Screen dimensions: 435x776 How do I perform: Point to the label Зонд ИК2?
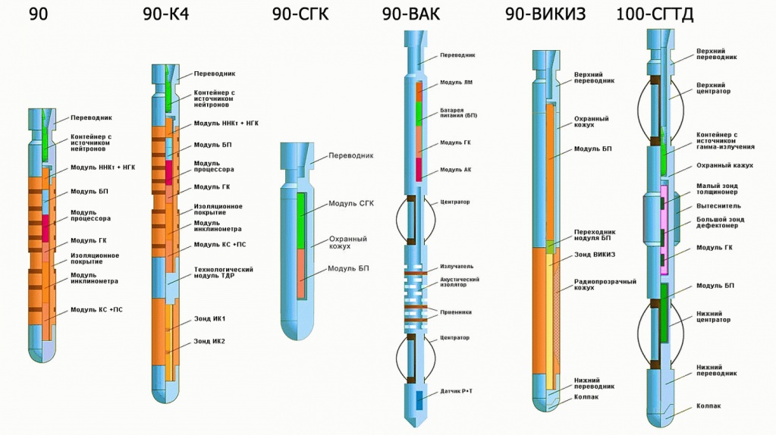(x=209, y=341)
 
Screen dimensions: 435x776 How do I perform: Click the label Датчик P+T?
(x=457, y=391)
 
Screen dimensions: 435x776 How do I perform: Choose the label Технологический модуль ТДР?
(x=223, y=272)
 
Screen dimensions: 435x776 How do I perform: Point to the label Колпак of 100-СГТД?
(x=708, y=406)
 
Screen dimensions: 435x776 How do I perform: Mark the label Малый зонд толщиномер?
(x=717, y=188)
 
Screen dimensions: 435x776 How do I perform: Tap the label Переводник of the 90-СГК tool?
(x=351, y=155)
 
